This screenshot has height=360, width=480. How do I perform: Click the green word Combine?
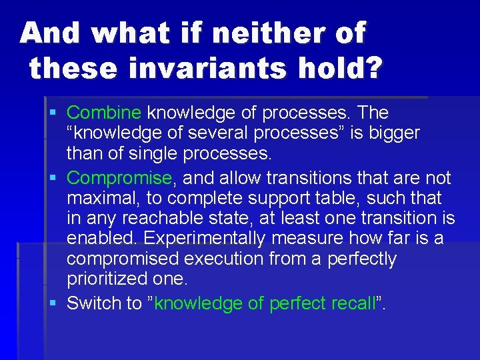click(104, 113)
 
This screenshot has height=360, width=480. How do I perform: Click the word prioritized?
click(107, 279)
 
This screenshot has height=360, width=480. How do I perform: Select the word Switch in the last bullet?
click(94, 303)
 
